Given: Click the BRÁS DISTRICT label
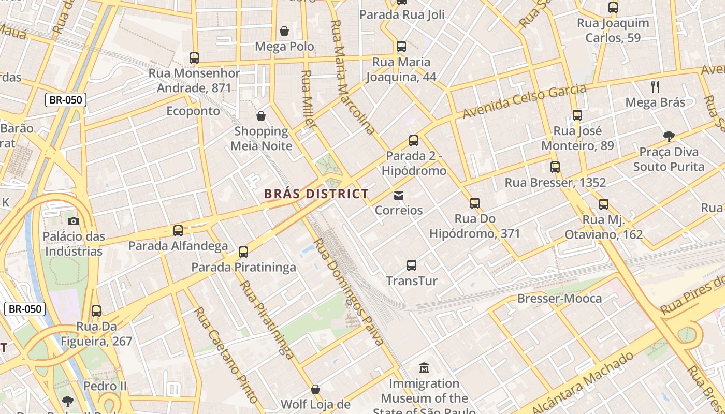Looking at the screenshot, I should (x=316, y=194).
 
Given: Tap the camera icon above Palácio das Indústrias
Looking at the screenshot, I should (x=74, y=221).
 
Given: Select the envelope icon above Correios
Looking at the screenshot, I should (x=399, y=196).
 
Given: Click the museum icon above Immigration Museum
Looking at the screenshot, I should (x=424, y=368).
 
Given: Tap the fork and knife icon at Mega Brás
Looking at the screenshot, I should (x=655, y=87).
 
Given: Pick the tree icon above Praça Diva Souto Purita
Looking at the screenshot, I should (x=669, y=137).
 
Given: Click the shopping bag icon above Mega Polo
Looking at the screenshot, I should (x=284, y=31).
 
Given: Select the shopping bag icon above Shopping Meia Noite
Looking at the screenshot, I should (x=261, y=115).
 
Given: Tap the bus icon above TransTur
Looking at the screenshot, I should (x=412, y=265).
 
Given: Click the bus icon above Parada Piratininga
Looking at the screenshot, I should (x=243, y=252).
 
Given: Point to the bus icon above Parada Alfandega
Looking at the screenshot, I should (x=178, y=230).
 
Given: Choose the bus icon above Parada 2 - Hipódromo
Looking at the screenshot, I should (x=413, y=140).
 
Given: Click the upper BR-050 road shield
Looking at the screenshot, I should (x=65, y=100).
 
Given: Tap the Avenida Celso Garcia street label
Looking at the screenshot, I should (x=524, y=101).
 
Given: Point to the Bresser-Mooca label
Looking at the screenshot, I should (x=559, y=299).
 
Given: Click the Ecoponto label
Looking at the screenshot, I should (x=193, y=111).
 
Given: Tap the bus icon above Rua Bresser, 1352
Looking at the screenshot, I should (x=555, y=167).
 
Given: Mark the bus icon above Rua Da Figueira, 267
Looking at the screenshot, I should (x=96, y=311).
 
